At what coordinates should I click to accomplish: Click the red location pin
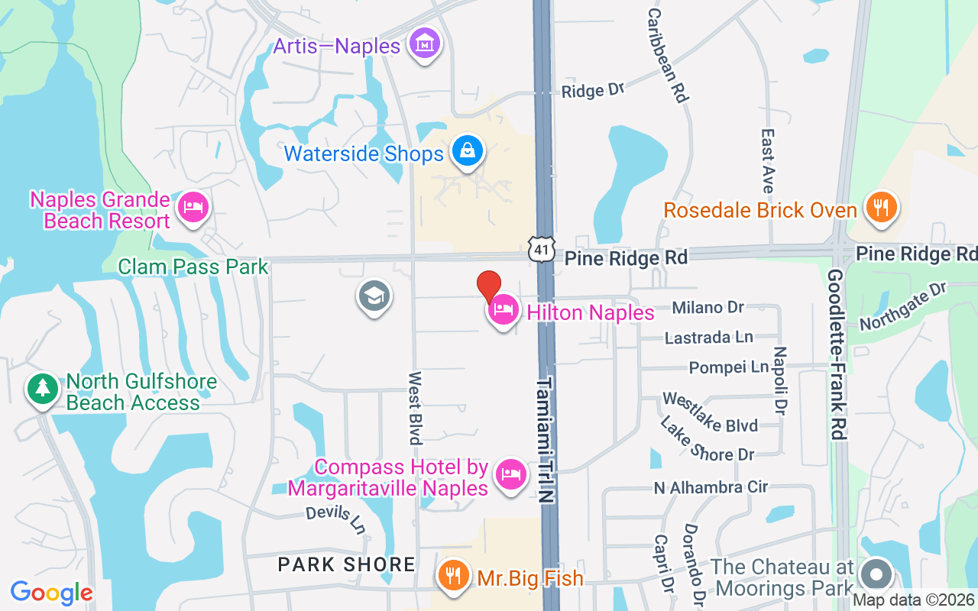click(489, 286)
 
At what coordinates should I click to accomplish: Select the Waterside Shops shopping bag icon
click(466, 150)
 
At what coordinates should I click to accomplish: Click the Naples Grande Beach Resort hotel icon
click(193, 207)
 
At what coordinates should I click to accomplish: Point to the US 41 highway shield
click(540, 248)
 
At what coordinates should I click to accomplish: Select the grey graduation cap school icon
click(374, 296)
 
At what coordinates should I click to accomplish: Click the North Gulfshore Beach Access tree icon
click(43, 390)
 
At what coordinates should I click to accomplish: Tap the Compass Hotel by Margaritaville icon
click(510, 474)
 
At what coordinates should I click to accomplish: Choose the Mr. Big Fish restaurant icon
click(455, 575)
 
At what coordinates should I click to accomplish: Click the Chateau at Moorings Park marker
click(876, 574)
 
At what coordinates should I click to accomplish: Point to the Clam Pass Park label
click(193, 267)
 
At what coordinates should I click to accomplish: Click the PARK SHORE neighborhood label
click(346, 564)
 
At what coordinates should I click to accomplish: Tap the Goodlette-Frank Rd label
click(836, 354)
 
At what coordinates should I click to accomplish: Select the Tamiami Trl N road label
click(546, 439)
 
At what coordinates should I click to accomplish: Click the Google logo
click(51, 593)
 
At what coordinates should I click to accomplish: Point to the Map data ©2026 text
click(913, 600)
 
